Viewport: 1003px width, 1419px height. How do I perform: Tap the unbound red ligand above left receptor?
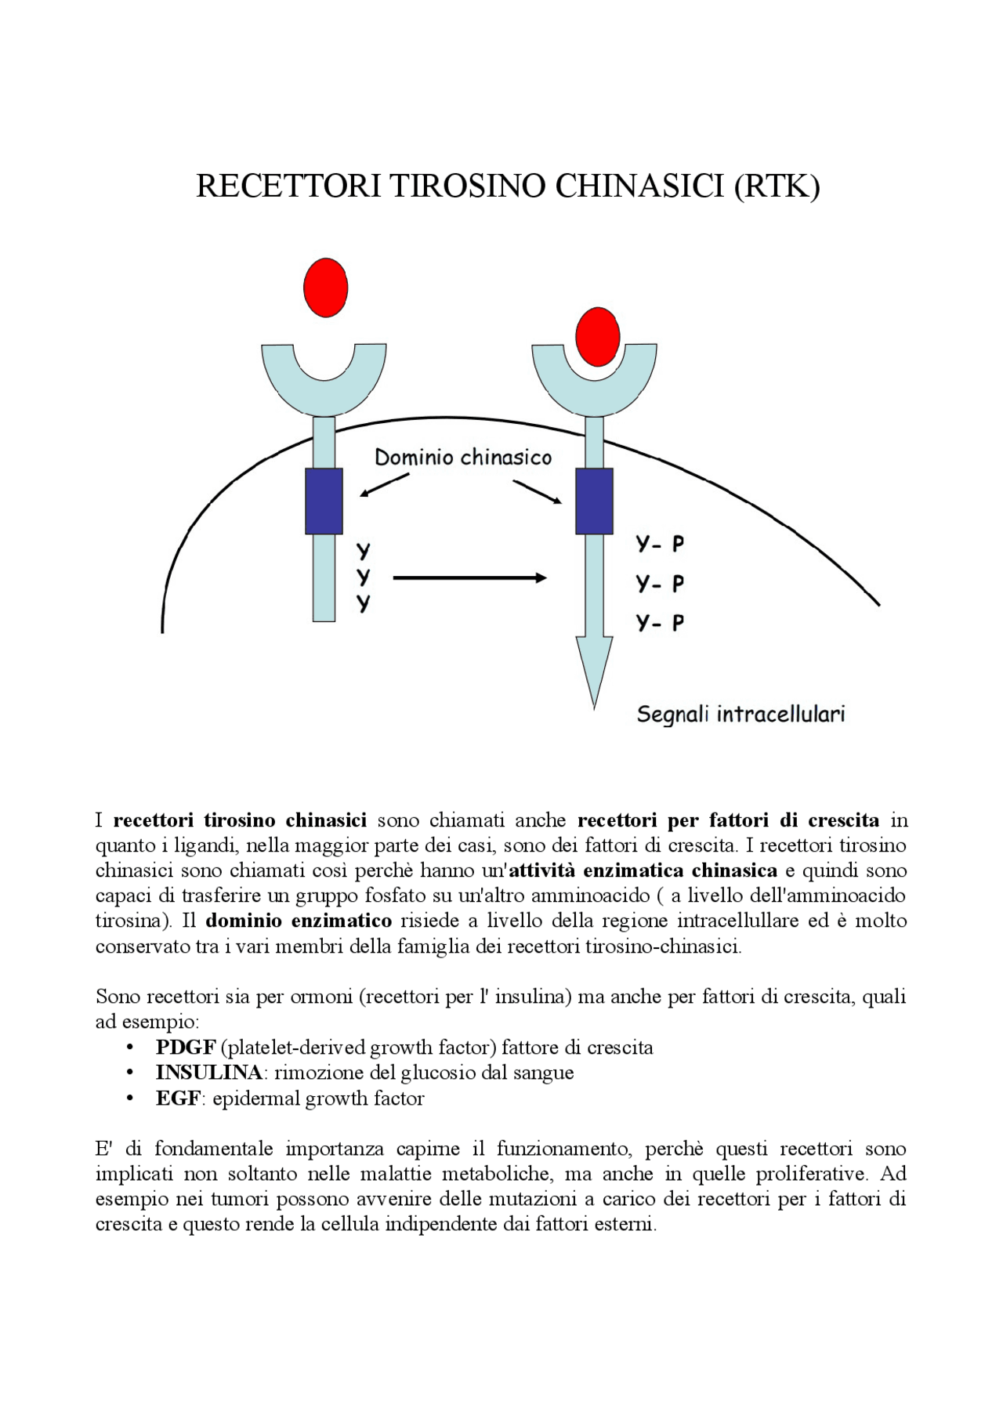[x=325, y=288]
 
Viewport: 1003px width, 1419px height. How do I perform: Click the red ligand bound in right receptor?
[x=597, y=337]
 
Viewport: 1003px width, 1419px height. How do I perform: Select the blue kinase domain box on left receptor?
[x=324, y=501]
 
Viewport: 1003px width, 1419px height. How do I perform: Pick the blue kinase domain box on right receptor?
[x=594, y=501]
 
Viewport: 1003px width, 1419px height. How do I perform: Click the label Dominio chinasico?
[x=463, y=458]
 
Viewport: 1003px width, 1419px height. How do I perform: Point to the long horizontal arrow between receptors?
[x=469, y=578]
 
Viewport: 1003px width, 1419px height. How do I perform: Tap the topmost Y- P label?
[x=660, y=544]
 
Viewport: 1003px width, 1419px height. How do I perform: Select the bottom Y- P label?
[x=660, y=623]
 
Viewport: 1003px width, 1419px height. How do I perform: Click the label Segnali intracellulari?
[x=740, y=715]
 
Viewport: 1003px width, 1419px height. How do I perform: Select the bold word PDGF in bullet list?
[x=185, y=1048]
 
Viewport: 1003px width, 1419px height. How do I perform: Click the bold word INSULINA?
[x=208, y=1073]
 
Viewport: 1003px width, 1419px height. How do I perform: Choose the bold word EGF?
[x=178, y=1099]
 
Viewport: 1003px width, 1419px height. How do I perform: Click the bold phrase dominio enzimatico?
[x=299, y=921]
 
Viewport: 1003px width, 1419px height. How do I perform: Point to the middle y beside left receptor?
[x=363, y=577]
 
